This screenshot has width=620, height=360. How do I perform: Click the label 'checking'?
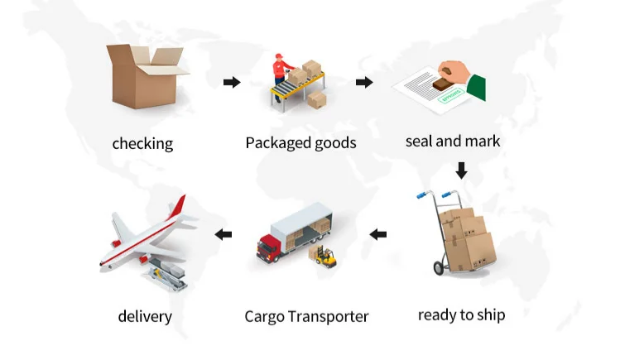pos(142,144)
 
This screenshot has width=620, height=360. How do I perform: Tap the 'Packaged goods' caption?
pos(300,143)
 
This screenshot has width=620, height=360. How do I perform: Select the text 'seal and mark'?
pos(453,142)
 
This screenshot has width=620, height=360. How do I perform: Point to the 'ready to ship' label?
pos(461,314)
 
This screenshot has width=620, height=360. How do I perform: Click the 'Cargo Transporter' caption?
pos(306,316)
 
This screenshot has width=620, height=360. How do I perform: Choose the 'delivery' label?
pos(144,316)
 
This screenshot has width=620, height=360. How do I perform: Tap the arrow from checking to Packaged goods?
pos(232,82)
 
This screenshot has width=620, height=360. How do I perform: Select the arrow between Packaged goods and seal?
pos(363,82)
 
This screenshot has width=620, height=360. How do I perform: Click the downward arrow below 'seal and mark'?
pos(461,170)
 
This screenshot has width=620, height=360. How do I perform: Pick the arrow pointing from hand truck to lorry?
pos(378,235)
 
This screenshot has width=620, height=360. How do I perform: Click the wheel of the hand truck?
pos(438,268)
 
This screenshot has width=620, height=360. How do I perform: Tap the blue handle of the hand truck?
pos(423,195)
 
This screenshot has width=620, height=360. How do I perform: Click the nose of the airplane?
pos(103,262)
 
